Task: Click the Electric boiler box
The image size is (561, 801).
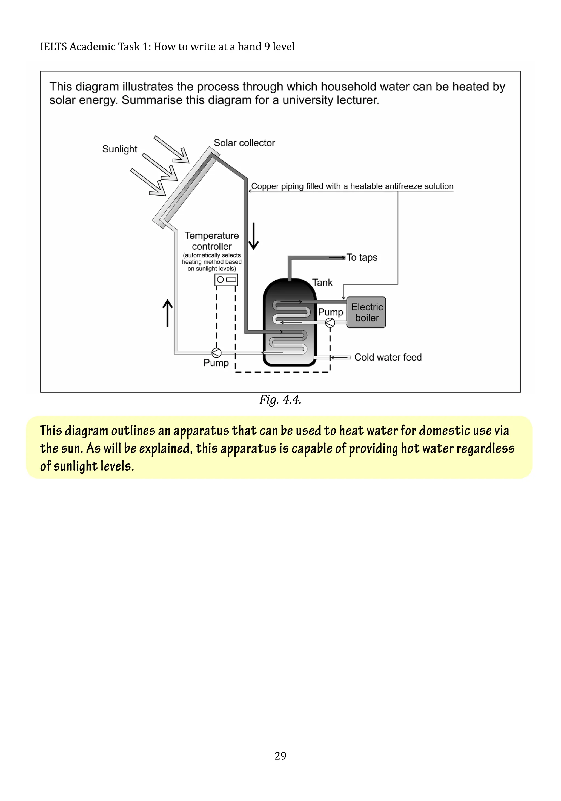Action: coord(366,312)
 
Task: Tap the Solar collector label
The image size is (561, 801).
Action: coord(244,143)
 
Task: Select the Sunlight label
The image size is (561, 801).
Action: coord(120,149)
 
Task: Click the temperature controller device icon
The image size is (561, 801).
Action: coord(226,280)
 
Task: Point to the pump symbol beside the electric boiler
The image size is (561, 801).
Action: coord(330,323)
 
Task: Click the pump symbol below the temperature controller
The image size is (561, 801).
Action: coord(216,353)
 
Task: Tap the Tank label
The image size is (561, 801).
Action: coord(322,282)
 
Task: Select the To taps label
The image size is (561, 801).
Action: coord(362,257)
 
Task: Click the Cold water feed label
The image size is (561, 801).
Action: coord(388,357)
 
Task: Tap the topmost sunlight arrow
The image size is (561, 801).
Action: coord(171,149)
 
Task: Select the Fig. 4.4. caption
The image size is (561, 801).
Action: coord(280,400)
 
